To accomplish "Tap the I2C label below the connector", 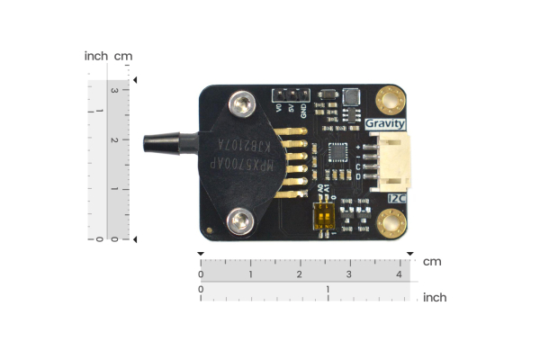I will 396,197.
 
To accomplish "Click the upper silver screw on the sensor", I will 240,106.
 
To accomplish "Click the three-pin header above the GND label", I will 291,93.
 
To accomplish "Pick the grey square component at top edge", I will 348,95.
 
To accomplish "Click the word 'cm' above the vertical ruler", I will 123,57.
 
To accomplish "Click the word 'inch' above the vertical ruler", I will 96,57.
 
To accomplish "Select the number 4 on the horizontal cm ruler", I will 399,274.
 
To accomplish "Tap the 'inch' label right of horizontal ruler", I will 435,297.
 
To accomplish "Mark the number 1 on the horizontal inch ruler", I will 328,290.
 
